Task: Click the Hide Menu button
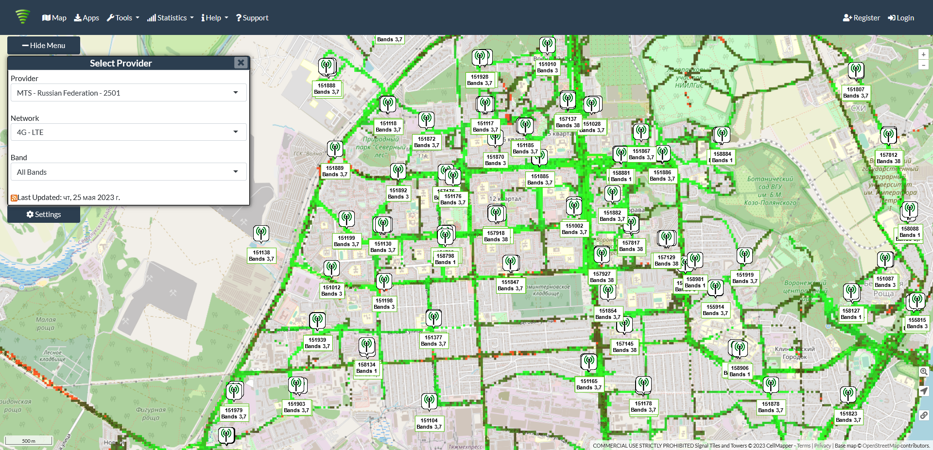(x=44, y=45)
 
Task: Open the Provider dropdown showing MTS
(x=128, y=93)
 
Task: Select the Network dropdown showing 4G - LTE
(x=128, y=132)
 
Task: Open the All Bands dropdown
(x=128, y=172)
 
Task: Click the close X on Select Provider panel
(x=241, y=63)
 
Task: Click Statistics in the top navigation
(x=170, y=18)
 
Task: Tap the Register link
(x=861, y=18)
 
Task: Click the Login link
(x=901, y=18)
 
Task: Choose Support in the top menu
(x=252, y=18)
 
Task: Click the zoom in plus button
(x=923, y=54)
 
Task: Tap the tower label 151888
(x=327, y=89)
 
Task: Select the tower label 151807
(x=856, y=93)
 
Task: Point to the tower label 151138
(x=261, y=256)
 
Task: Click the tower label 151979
(x=234, y=414)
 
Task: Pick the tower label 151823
(x=848, y=417)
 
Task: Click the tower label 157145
(x=625, y=347)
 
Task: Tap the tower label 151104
(x=429, y=424)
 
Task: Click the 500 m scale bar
(x=29, y=441)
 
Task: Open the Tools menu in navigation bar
(x=123, y=18)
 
